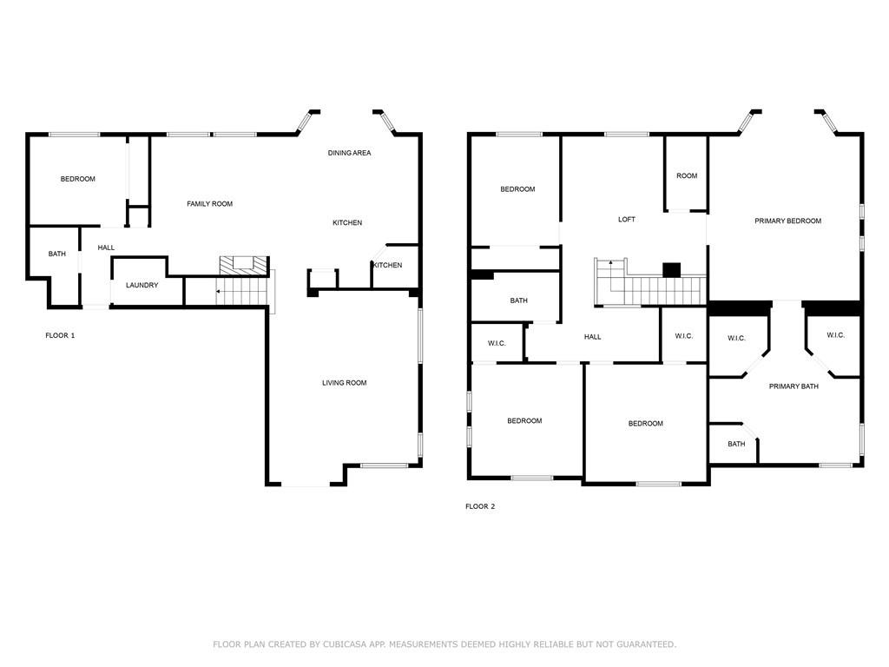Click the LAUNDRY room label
coord(142,285)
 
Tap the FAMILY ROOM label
coord(209,204)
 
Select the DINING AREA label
coord(349,153)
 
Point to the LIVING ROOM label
coord(344,383)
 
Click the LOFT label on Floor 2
coord(626,220)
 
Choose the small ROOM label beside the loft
coord(686,176)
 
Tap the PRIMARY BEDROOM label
coord(787,221)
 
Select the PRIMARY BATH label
coord(793,386)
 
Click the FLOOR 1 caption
coord(60,335)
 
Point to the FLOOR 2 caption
coord(480,506)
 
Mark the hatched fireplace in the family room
coord(239,263)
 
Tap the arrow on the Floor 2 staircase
coord(610,262)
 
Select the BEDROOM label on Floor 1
coord(77,179)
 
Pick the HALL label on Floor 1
coord(106,248)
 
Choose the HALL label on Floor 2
coord(592,337)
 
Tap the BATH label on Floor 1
coord(56,254)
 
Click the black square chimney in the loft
coord(671,270)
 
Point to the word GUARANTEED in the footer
coord(643,644)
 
